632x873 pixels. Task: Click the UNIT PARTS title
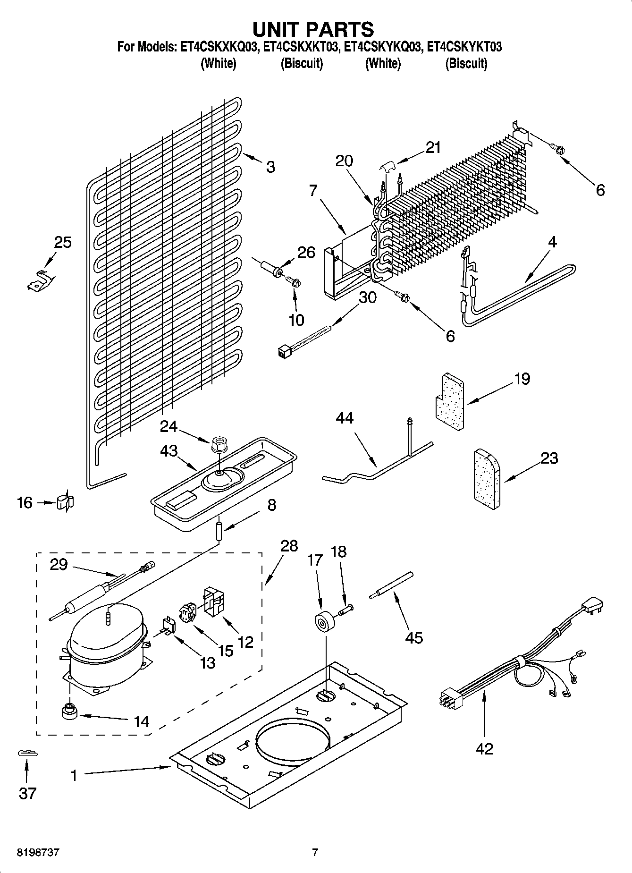313,29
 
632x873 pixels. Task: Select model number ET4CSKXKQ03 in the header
218,47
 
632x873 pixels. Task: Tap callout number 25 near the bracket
63,243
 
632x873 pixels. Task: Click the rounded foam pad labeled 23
487,480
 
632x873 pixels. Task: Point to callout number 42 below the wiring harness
484,748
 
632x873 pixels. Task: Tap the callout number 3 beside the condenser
270,167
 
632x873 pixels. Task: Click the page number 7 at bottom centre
315,853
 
